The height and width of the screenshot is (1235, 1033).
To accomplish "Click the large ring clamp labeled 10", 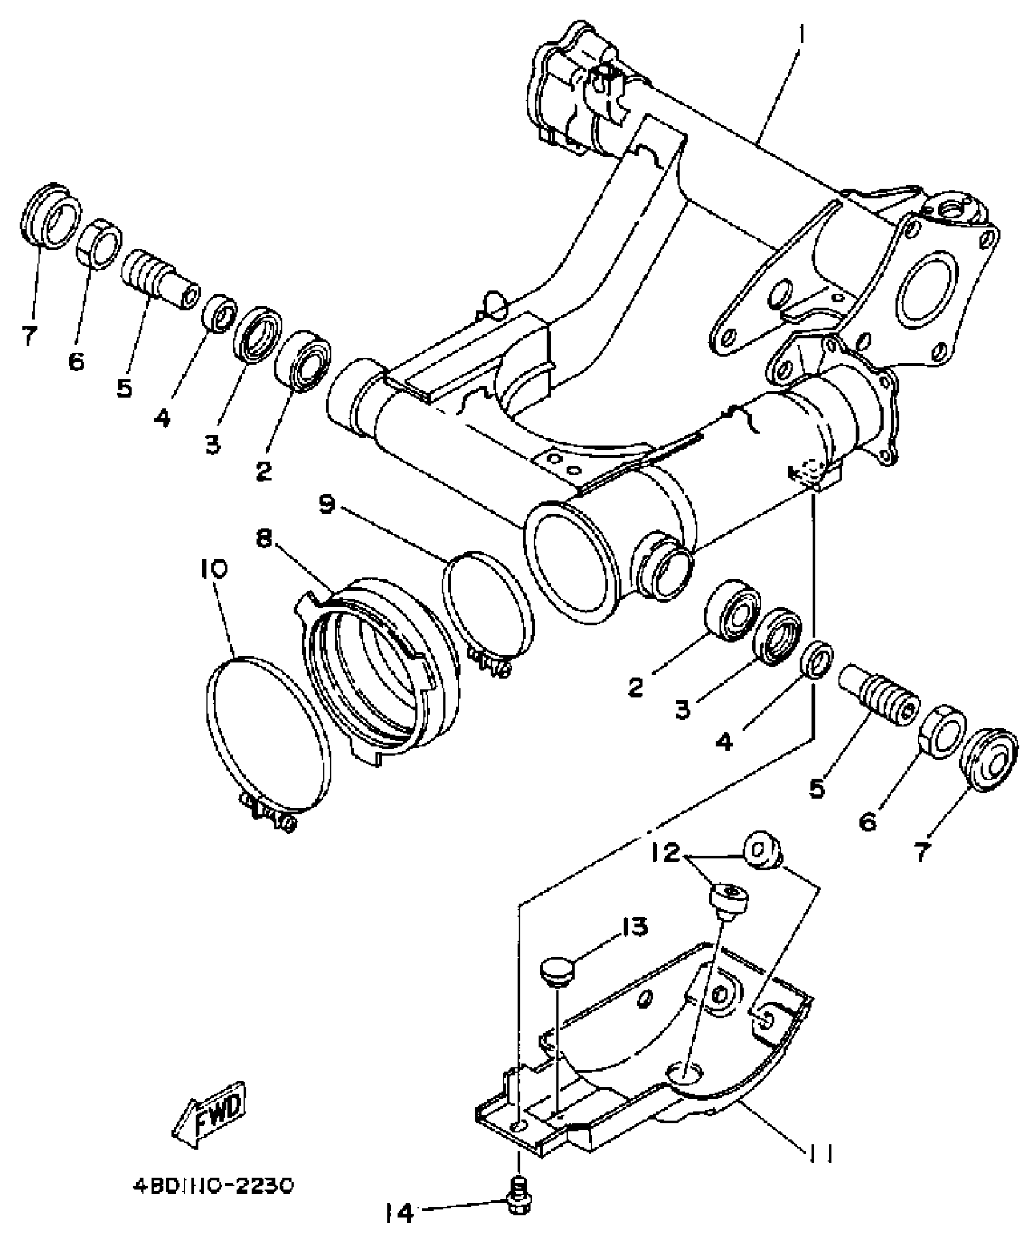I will [x=265, y=735].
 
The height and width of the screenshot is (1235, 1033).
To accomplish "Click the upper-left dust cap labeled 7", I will [x=51, y=216].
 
